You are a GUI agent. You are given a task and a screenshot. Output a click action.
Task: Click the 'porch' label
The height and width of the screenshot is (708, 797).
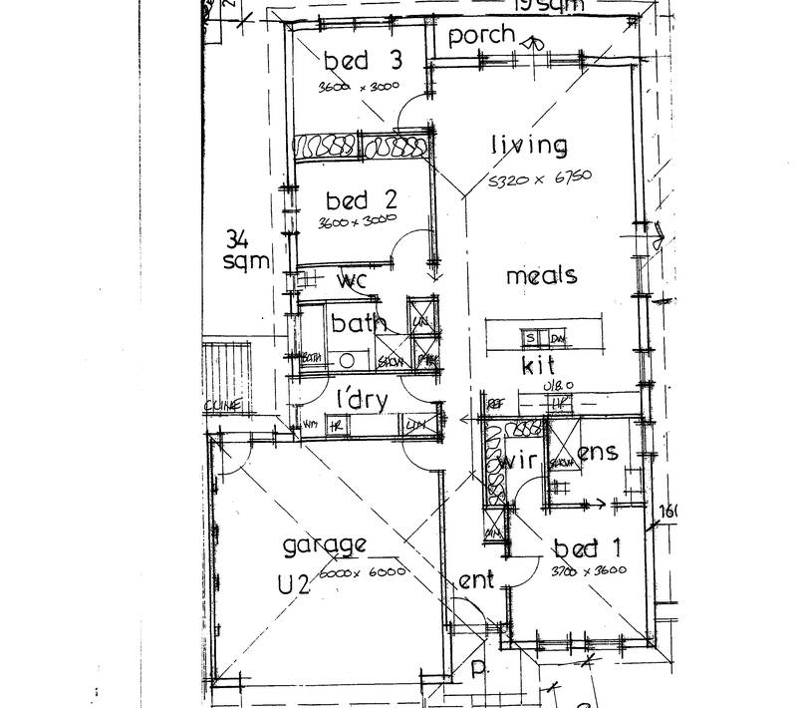pyautogui.click(x=481, y=37)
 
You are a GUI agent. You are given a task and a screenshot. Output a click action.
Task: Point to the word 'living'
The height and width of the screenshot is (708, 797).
pyautogui.click(x=529, y=146)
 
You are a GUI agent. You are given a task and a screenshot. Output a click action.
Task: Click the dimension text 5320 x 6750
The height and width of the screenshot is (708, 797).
pyautogui.click(x=540, y=178)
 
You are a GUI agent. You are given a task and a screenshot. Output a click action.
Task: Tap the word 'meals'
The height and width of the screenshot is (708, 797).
pyautogui.click(x=541, y=275)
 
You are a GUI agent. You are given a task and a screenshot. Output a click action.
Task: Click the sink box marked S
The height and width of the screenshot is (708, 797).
pyautogui.click(x=531, y=336)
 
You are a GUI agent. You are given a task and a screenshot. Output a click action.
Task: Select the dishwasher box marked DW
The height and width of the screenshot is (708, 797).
pyautogui.click(x=556, y=336)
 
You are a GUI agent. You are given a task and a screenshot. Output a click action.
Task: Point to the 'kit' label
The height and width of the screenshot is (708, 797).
pyautogui.click(x=538, y=366)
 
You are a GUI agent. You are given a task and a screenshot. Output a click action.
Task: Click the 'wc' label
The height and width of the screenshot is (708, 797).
pyautogui.click(x=353, y=281)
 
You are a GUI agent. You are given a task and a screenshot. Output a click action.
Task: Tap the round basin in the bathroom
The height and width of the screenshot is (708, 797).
pyautogui.click(x=348, y=361)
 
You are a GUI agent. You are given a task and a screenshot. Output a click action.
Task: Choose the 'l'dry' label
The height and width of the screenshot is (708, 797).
pyautogui.click(x=362, y=399)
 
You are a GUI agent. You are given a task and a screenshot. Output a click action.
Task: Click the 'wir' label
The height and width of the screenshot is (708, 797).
pyautogui.click(x=518, y=462)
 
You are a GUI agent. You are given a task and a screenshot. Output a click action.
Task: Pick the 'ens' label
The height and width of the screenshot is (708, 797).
pyautogui.click(x=598, y=453)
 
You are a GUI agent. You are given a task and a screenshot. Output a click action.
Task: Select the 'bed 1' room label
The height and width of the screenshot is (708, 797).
pyautogui.click(x=576, y=548)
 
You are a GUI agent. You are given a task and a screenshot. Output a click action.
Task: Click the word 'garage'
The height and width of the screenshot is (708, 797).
pyautogui.click(x=324, y=545)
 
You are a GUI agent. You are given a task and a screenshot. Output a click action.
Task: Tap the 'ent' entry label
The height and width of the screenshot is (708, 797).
pyautogui.click(x=476, y=580)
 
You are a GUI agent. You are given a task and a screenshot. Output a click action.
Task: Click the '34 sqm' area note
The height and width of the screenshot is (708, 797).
pyautogui.click(x=245, y=250)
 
